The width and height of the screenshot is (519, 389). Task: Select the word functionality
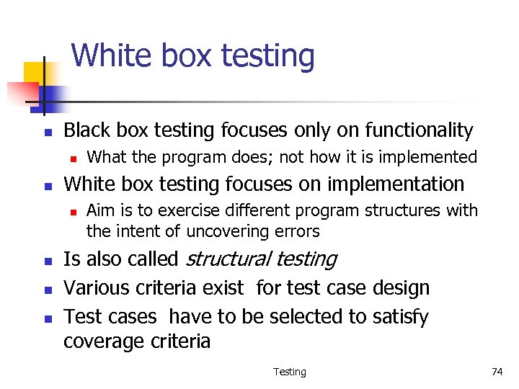coord(419,130)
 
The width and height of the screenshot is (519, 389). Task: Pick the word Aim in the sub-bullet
coord(99,210)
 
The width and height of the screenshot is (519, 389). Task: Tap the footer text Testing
coord(289,372)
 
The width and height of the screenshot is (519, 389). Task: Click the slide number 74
coord(497,372)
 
